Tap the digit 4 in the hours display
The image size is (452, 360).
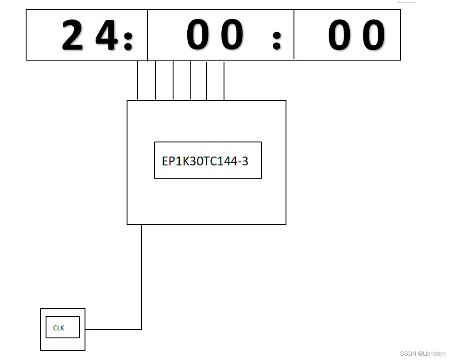tap(107, 35)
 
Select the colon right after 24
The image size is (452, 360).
tap(128, 41)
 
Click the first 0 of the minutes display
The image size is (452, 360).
tap(197, 35)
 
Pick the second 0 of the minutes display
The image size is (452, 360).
tap(232, 35)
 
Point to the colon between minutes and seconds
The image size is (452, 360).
tap(277, 41)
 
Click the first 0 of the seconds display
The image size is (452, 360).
tap(339, 35)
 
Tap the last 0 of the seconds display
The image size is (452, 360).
tap(374, 35)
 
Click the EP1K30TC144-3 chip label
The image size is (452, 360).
tap(205, 161)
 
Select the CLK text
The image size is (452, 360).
tap(58, 328)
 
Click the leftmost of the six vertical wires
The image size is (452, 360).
tap(138, 80)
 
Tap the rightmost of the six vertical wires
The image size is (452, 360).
tap(224, 80)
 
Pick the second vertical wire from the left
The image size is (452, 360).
tap(155, 80)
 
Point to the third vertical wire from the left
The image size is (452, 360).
tap(173, 80)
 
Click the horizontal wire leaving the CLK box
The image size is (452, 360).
tap(113, 329)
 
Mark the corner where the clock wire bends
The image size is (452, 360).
tap(142, 329)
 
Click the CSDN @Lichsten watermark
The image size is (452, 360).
tap(422, 354)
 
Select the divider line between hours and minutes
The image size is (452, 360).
tap(147, 34)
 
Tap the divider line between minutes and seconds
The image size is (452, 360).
tap(294, 34)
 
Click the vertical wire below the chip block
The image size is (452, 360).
tap(142, 274)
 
